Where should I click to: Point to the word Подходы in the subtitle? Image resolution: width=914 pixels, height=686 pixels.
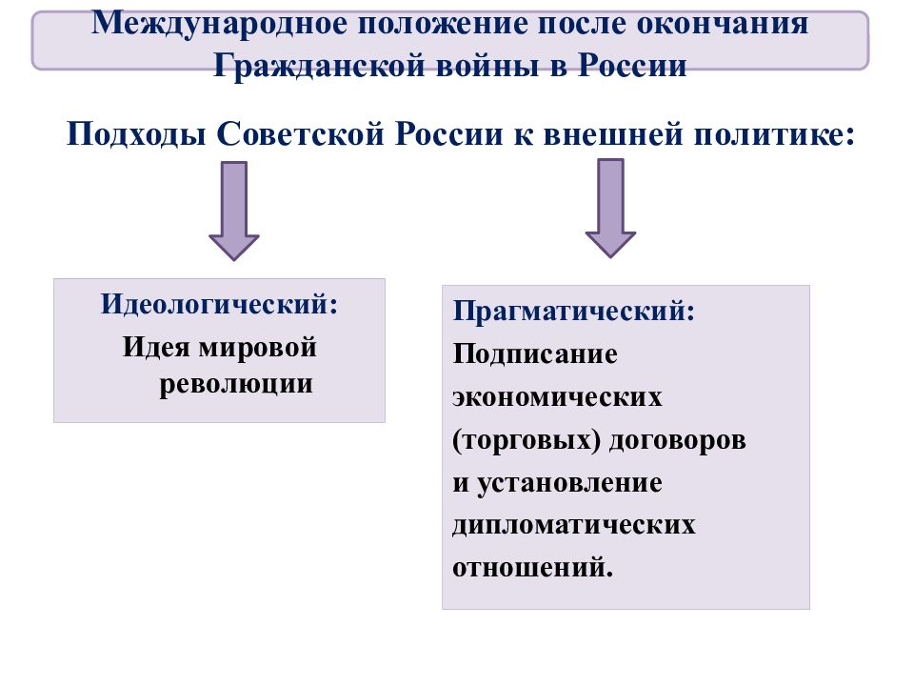tap(136, 134)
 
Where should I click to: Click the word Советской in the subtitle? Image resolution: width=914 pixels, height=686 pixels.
tap(301, 133)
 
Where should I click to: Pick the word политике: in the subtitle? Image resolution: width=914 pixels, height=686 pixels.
tap(774, 133)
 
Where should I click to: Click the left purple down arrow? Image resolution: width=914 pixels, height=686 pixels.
tap(234, 211)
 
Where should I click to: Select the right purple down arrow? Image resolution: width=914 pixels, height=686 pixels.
tap(610, 209)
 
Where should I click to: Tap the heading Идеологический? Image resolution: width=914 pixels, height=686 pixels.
tap(219, 304)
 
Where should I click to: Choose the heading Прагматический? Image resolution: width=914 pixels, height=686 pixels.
tap(574, 311)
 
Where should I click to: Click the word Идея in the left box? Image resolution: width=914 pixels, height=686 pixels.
tap(156, 347)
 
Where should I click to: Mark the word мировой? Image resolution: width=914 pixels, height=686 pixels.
tap(258, 349)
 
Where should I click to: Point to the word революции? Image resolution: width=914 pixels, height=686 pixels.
tap(236, 384)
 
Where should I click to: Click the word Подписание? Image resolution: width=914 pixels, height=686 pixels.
tap(535, 353)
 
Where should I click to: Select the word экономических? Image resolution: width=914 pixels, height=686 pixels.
tap(557, 396)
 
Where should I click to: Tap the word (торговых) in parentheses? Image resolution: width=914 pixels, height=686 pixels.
tap(527, 440)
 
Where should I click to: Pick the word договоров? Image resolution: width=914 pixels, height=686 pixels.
tap(677, 440)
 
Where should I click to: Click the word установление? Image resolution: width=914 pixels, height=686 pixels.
tap(569, 484)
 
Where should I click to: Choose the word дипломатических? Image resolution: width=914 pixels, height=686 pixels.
tap(574, 526)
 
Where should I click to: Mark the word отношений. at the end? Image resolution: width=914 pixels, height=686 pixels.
tap(533, 568)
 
